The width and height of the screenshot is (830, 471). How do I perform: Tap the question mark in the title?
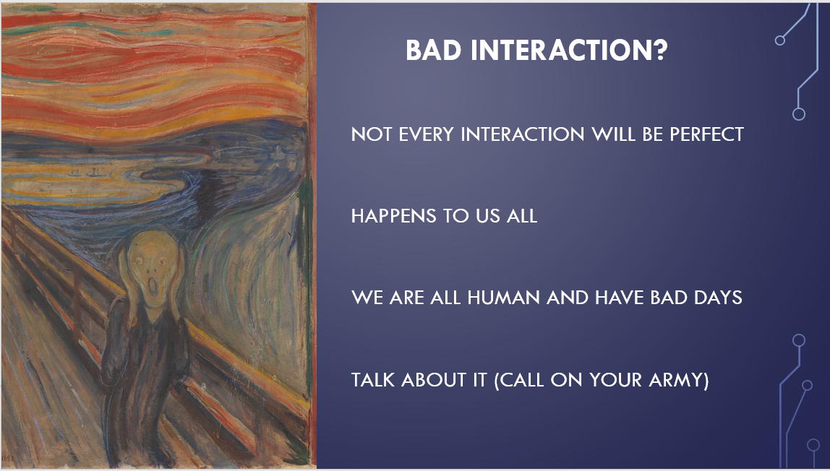point(660,50)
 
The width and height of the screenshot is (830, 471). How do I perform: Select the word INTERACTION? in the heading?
point(569,51)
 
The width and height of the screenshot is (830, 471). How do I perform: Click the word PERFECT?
point(706,134)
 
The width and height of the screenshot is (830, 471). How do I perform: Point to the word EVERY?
point(426,134)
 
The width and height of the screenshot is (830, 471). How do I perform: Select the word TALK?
point(372,379)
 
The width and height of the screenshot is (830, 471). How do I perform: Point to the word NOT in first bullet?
point(371,134)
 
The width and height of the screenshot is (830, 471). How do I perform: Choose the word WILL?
point(613,134)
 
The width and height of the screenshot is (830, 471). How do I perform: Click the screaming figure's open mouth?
point(153,288)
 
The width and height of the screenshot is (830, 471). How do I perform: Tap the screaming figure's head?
point(153,269)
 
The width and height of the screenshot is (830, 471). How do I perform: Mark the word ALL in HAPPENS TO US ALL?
point(522,216)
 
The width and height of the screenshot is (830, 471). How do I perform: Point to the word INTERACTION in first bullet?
point(523,134)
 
